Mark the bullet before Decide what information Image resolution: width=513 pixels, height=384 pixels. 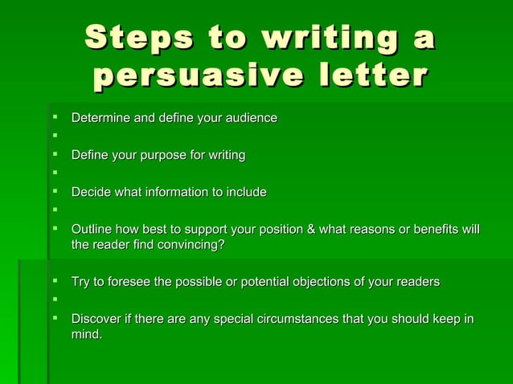click(x=55, y=192)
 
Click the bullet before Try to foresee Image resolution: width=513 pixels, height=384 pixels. click(x=55, y=282)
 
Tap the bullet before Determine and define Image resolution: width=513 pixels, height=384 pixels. click(x=55, y=119)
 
